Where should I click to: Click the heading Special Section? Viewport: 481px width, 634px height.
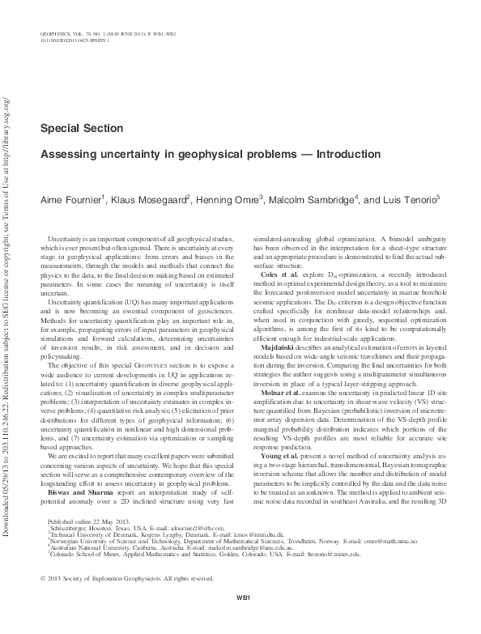81,128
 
